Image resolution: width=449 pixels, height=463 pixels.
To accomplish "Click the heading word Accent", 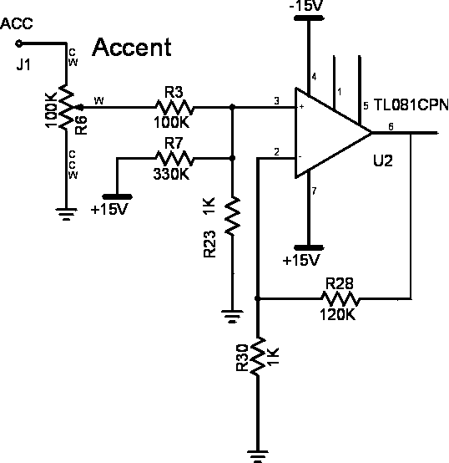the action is tap(132, 48).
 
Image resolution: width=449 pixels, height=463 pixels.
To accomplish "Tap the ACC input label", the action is tap(17, 23).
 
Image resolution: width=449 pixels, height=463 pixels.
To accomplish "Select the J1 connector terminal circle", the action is tap(18, 43).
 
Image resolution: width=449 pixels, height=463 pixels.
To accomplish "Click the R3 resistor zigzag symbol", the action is tap(174, 108).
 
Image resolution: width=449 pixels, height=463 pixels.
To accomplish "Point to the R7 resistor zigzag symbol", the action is tap(174, 159).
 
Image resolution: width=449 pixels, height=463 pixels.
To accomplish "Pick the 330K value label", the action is tap(171, 174).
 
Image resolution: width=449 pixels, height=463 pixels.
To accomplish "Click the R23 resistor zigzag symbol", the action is tap(233, 216).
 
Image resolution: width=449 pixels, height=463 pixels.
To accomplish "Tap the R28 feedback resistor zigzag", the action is tap(341, 299).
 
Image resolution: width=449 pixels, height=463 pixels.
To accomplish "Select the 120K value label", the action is tap(337, 315).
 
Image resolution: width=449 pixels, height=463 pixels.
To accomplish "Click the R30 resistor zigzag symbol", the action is tap(258, 356).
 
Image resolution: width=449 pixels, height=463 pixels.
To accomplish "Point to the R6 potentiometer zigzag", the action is tap(67, 107).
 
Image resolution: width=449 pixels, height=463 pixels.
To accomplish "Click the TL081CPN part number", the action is tap(411, 104).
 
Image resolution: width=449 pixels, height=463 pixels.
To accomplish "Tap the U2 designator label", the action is tap(383, 161).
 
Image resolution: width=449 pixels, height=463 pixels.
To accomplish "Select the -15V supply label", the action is tap(306, 5).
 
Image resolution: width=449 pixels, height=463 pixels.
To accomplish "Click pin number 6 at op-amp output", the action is tap(391, 127).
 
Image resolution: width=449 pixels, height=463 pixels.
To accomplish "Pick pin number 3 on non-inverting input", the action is tap(276, 101).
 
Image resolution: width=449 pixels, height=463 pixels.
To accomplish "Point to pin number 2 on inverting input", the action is tap(276, 152).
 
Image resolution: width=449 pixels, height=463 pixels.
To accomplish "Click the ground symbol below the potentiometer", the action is tap(67, 214).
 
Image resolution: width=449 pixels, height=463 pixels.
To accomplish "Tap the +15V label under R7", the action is tap(109, 210).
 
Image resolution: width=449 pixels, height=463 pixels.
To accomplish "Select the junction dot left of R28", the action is tap(257, 299).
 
